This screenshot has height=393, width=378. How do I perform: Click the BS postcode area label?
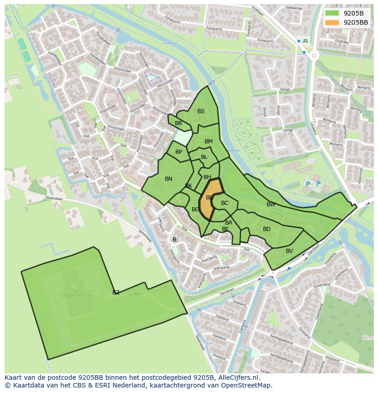point(201,111)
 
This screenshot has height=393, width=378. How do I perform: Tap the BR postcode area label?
point(178,123)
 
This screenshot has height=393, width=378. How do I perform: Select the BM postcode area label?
point(209,141)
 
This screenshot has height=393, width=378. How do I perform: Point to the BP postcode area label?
point(178,152)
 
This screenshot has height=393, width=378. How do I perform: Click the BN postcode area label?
point(168,179)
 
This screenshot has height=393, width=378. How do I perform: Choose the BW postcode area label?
point(271,204)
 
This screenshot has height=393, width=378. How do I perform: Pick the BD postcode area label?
point(267,229)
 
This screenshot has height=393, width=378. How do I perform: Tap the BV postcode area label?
point(289,251)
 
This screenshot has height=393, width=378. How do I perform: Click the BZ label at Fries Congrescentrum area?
point(116,293)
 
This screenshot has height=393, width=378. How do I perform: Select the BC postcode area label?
point(225,203)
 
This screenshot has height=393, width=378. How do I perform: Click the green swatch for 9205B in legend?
point(332,13)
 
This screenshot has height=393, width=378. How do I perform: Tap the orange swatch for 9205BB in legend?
point(332,22)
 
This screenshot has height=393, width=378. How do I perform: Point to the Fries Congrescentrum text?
point(76,293)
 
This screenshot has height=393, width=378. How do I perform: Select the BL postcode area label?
point(204,157)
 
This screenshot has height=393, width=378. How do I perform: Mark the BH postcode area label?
point(207,177)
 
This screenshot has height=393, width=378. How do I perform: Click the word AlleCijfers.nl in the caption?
point(237,377)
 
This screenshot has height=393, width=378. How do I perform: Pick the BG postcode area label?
point(195,210)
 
